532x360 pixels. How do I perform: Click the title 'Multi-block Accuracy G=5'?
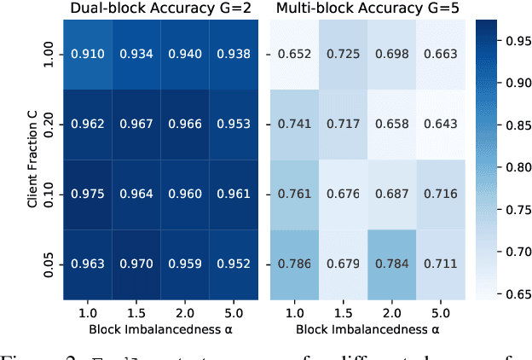click(366, 9)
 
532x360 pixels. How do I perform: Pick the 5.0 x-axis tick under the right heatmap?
click(434, 315)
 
